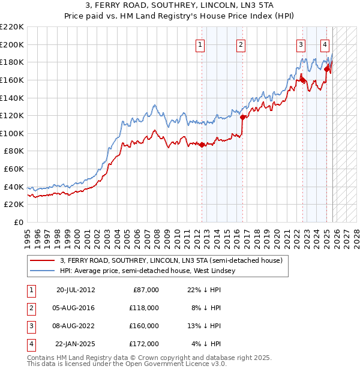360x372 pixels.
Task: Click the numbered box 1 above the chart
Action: point(200,44)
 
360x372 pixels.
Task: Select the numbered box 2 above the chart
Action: point(241,44)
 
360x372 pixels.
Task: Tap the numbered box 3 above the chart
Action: point(300,44)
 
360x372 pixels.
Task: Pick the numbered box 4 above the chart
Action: point(325,44)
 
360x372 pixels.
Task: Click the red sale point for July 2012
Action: point(202,145)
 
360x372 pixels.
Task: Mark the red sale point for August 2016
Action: point(242,117)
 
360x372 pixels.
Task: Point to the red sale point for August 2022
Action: point(302,79)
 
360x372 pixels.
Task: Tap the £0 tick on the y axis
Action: point(20,223)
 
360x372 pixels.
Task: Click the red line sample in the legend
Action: point(42,260)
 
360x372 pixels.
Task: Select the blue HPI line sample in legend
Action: point(42,271)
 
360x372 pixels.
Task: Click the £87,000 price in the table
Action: point(146,290)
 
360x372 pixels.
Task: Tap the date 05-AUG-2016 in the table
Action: point(75,308)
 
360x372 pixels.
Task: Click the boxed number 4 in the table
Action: point(31,344)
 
